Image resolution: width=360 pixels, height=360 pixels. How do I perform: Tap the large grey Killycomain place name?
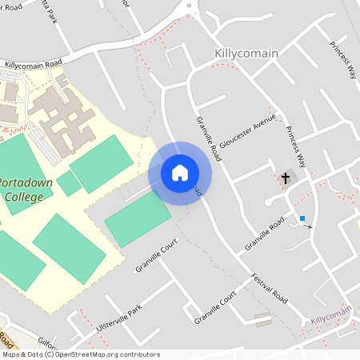click(246, 54)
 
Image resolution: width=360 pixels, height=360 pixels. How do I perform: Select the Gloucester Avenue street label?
click(250, 130)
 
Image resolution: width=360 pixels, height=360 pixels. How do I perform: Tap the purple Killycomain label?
click(332, 320)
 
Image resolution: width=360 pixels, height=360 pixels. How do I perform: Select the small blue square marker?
click(302, 218)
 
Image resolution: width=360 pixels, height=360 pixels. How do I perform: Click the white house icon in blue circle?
click(180, 173)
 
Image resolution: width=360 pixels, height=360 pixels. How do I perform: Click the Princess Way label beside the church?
click(298, 152)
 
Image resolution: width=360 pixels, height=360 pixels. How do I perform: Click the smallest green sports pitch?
click(69, 183)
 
